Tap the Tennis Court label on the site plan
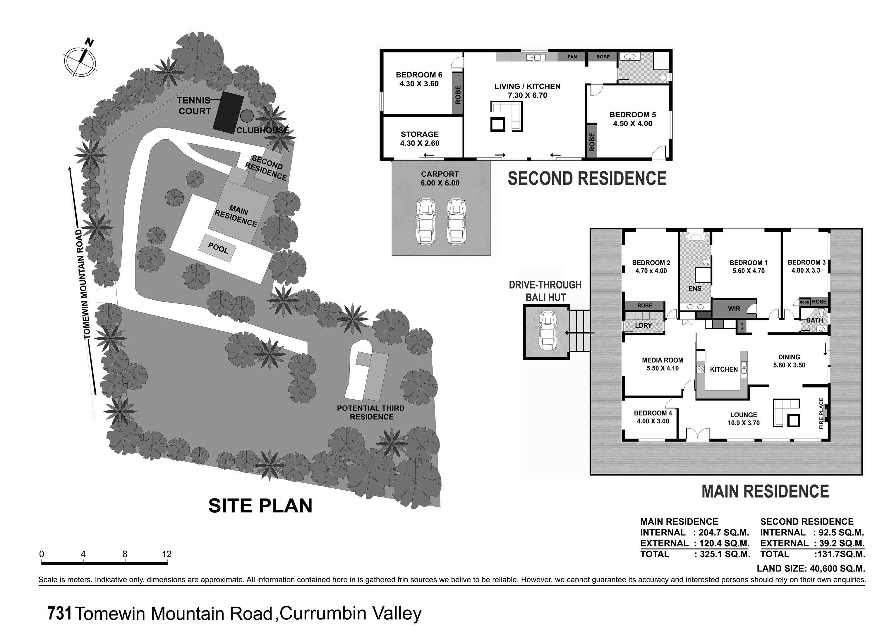pyautogui.click(x=194, y=106)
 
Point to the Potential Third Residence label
pyautogui.click(x=371, y=412)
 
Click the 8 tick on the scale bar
pyautogui.click(x=125, y=554)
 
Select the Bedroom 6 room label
pyautogui.click(x=419, y=75)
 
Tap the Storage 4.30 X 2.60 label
pyautogui.click(x=419, y=139)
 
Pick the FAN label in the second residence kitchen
pyautogui.click(x=572, y=57)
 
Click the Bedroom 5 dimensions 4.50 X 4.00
pyautogui.click(x=632, y=123)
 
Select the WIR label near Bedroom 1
pyautogui.click(x=734, y=309)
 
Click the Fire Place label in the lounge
pyautogui.click(x=822, y=413)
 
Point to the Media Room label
pyautogui.click(x=662, y=360)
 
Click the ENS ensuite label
pyautogui.click(x=695, y=288)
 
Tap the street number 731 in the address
pyautogui.click(x=60, y=614)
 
